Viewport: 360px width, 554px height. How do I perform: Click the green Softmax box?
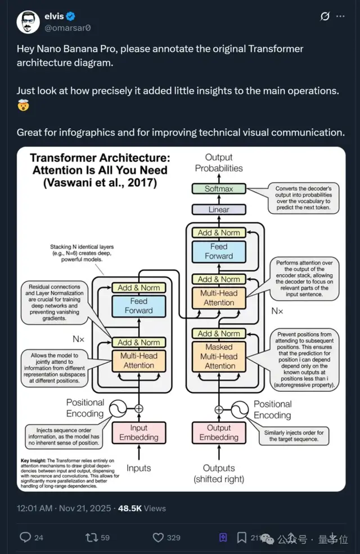(219, 189)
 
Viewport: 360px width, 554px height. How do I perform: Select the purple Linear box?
(219, 209)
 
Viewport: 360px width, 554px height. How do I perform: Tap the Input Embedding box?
(138, 433)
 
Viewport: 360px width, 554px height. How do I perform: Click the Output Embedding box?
(219, 433)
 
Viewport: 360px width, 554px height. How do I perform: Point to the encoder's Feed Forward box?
(138, 306)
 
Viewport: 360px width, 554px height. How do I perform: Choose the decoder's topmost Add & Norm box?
(219, 233)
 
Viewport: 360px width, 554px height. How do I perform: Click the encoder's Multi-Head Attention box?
(138, 360)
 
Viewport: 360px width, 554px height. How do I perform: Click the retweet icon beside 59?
(91, 537)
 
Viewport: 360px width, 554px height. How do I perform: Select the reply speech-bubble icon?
(25, 537)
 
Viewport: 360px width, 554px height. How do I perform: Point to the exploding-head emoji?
(24, 105)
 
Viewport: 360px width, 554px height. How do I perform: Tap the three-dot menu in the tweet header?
(340, 16)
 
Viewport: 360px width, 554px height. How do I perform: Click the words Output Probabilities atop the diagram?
(219, 163)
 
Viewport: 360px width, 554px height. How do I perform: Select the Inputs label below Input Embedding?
(138, 468)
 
